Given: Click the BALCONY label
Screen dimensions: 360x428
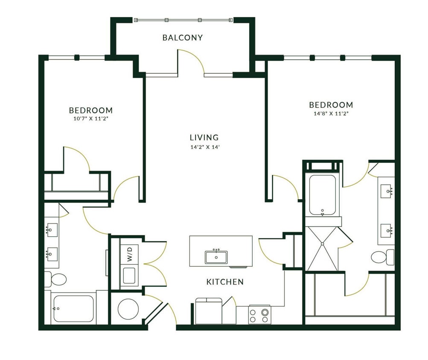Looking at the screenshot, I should (182, 38).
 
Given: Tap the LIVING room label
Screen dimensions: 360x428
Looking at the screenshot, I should (204, 137).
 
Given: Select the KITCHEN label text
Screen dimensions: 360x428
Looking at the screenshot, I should (225, 282).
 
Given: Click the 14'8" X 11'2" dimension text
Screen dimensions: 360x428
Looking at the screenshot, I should (331, 114).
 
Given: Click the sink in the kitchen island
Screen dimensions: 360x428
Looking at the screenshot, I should (216, 257).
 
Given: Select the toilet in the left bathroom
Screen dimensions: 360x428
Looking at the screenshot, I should (56, 279).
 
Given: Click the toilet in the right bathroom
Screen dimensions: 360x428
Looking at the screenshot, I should (382, 257).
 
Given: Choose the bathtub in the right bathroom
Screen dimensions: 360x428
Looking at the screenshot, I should (322, 195).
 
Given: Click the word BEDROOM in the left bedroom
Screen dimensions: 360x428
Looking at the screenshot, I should (90, 110).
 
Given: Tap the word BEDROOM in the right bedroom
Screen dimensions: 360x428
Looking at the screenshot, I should (331, 105).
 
